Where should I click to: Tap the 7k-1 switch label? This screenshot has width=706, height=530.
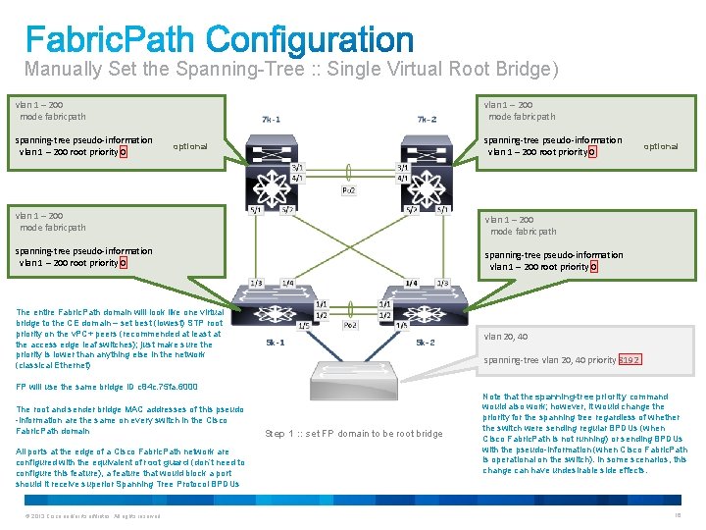271,120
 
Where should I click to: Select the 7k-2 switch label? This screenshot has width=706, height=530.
427,120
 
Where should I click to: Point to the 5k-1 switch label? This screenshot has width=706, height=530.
277,343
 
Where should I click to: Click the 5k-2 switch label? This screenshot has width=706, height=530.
425,343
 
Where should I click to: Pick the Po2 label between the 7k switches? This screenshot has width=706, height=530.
348,189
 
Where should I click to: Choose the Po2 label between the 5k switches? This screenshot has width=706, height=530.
350,323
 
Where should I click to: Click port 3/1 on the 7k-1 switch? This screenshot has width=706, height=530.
296,167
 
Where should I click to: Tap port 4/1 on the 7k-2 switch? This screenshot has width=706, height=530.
402,178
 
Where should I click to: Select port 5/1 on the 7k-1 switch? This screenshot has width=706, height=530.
256,209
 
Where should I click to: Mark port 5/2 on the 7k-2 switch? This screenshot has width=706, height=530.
413,209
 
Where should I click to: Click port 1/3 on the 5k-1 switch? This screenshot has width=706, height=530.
256,283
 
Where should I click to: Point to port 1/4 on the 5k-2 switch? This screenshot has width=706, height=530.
412,283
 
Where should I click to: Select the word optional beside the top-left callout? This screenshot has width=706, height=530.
190,146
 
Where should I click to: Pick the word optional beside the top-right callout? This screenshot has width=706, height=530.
660,146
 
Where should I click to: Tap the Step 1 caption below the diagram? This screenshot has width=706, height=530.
354,434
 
